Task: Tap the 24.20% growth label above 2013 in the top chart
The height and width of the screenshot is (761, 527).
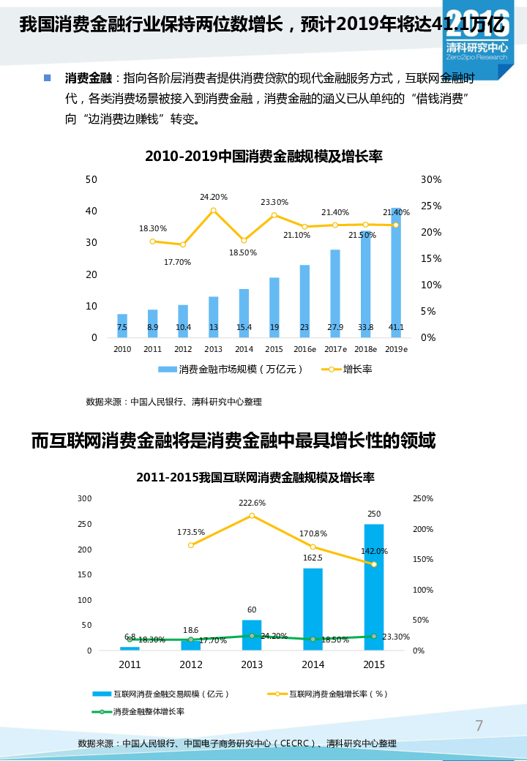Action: (x=214, y=197)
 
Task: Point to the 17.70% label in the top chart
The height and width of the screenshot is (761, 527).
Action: (x=177, y=262)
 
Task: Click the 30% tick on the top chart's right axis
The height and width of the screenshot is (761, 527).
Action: (x=431, y=180)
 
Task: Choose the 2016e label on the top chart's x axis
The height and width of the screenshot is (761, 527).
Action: (x=304, y=350)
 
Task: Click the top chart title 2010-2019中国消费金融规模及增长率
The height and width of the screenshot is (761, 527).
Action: (x=263, y=157)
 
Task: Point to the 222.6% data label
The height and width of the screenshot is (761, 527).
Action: (x=252, y=503)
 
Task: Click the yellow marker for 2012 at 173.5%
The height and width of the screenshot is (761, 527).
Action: (x=191, y=545)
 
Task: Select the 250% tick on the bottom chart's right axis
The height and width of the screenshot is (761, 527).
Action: (x=423, y=499)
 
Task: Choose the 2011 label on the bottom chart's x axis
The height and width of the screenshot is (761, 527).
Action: (x=130, y=665)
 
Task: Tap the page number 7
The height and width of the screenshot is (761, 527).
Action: (x=479, y=726)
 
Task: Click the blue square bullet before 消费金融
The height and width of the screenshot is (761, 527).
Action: (x=48, y=78)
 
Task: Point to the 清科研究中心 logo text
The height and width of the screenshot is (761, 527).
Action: (x=476, y=47)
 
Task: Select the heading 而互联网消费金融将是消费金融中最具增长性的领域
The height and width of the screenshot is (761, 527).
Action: (x=233, y=441)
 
